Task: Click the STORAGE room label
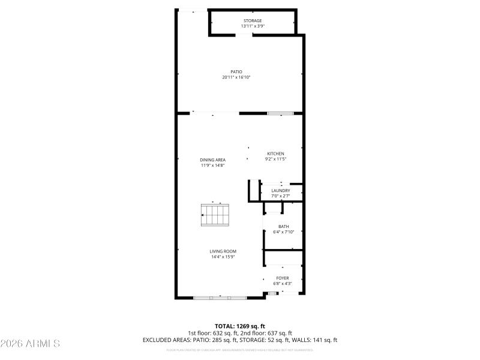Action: (252, 21)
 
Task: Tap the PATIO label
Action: (236, 72)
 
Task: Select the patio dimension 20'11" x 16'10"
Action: (236, 77)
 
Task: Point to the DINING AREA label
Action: (213, 160)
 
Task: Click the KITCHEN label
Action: (276, 154)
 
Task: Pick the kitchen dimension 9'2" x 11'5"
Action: (276, 159)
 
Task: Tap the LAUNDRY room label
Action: (281, 191)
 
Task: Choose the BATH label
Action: (284, 227)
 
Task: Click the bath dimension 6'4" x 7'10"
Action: (284, 232)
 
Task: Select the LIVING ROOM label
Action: (223, 251)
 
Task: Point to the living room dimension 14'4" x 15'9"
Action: (223, 257)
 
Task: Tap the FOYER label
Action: (283, 278)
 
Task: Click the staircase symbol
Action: (215, 215)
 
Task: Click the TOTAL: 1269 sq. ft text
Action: (239, 326)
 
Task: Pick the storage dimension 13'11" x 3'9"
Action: (252, 26)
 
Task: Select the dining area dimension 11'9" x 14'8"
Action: (213, 165)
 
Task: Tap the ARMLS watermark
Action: (30, 344)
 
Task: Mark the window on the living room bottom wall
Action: (220, 297)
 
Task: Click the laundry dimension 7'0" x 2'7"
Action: (281, 196)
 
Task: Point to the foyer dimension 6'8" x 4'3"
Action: (283, 283)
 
